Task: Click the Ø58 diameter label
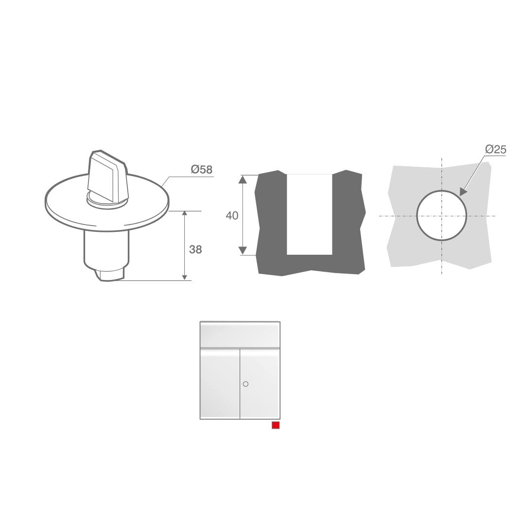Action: pyautogui.click(x=202, y=170)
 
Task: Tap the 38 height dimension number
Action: pyautogui.click(x=195, y=249)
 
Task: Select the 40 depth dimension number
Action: pyautogui.click(x=232, y=216)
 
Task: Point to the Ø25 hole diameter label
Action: pyautogui.click(x=496, y=149)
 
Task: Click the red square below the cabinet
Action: pyautogui.click(x=276, y=425)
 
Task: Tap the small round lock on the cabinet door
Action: pyautogui.click(x=246, y=384)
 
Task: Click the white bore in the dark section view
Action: pyautogui.click(x=310, y=214)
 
